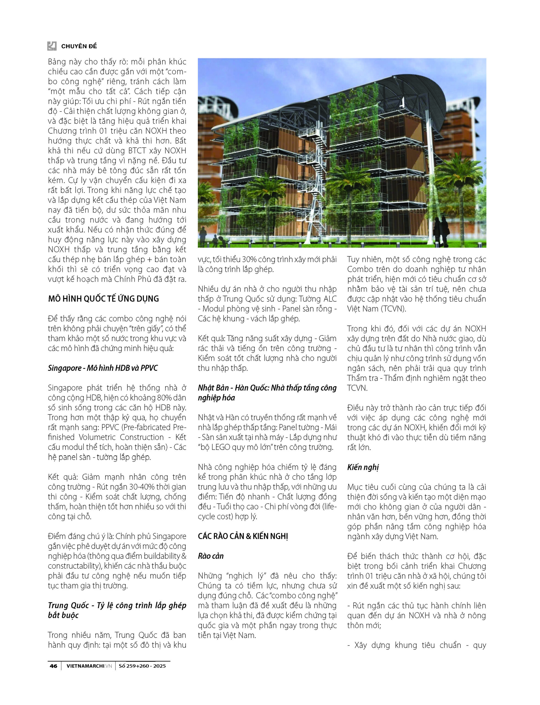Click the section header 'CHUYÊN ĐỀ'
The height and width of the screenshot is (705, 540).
[x=79, y=46]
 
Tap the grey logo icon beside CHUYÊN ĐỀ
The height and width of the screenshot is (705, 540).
[x=52, y=46]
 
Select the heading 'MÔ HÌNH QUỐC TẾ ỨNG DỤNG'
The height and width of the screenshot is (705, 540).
[x=103, y=299]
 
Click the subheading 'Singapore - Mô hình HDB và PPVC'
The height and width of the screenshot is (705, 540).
[x=103, y=368]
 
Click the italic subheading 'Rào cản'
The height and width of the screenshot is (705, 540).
[x=211, y=556]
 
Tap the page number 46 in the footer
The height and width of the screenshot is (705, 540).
[x=53, y=666]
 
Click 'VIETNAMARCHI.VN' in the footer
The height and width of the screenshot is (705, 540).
[x=89, y=666]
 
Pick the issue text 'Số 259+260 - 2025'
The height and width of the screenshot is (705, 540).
[x=142, y=666]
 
